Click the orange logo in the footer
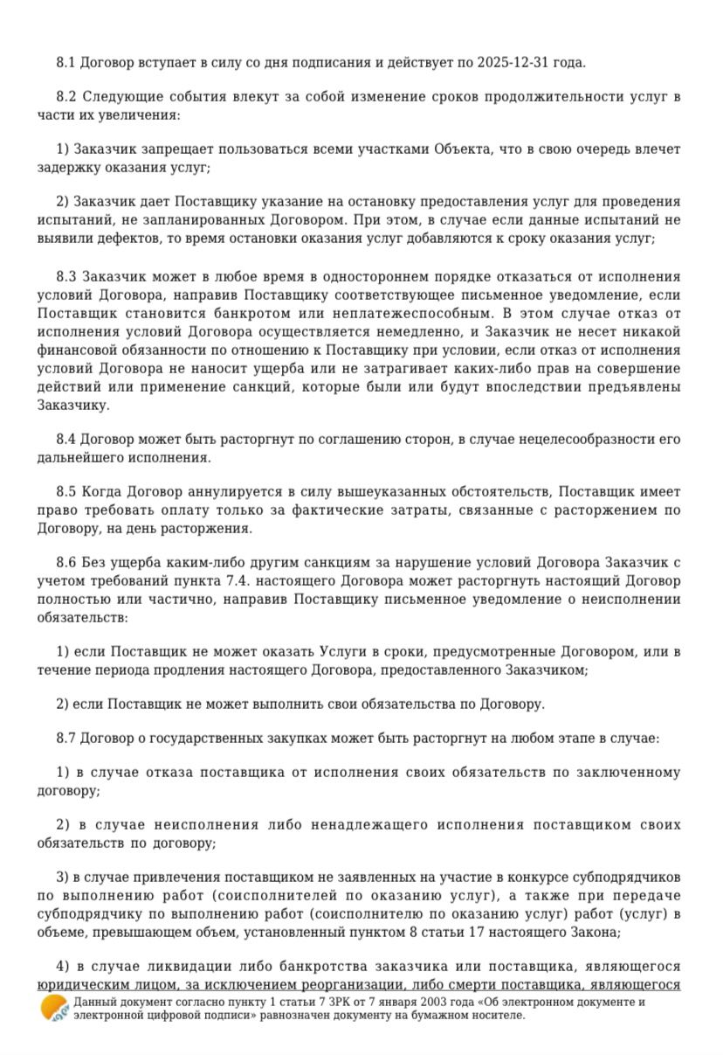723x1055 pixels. [x=54, y=1008]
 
